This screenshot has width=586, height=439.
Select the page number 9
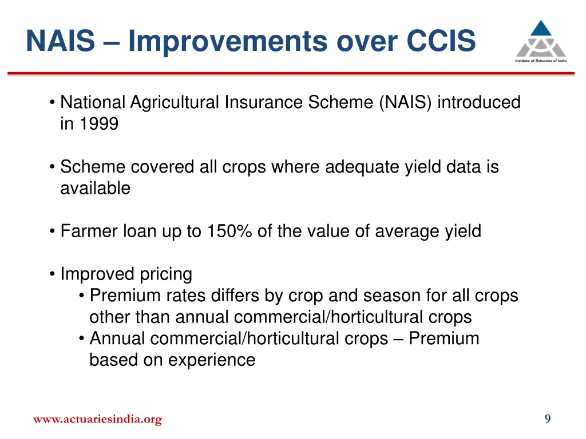547,419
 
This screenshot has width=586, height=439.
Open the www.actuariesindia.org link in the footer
97,420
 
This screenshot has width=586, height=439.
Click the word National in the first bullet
93,102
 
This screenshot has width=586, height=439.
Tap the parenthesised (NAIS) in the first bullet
406,102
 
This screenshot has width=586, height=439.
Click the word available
95,188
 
